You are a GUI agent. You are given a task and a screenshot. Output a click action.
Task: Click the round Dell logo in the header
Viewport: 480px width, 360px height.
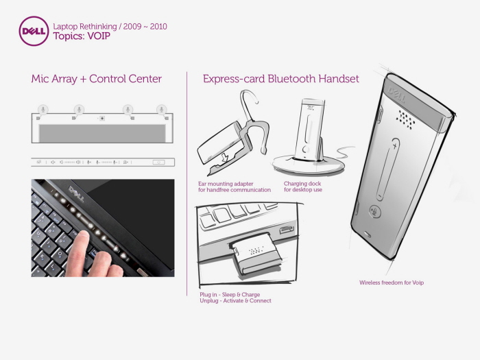(34, 31)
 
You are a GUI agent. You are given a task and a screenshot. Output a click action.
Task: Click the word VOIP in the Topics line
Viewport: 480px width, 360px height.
(99, 36)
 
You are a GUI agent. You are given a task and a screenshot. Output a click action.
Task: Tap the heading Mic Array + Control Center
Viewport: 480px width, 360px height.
(97, 79)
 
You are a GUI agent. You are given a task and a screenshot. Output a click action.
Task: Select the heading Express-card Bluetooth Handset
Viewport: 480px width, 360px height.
(280, 79)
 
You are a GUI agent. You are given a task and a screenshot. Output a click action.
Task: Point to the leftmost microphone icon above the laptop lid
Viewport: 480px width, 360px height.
(43, 109)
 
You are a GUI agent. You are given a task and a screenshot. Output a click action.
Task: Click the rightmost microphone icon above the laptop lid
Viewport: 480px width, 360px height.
(162, 109)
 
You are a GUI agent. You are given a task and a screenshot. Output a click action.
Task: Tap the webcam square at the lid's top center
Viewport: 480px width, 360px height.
(102, 118)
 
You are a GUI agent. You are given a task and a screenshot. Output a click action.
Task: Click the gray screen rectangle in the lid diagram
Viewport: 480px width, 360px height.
(102, 133)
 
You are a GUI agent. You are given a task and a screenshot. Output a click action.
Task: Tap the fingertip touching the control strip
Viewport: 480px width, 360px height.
(82, 237)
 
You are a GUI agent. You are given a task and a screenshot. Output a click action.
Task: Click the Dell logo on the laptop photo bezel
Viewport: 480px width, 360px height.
(77, 194)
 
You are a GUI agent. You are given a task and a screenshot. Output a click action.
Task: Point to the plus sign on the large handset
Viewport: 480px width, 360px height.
(395, 145)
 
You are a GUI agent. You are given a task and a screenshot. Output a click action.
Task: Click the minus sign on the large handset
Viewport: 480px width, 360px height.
(380, 195)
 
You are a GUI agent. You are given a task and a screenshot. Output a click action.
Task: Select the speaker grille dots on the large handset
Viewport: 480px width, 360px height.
(406, 118)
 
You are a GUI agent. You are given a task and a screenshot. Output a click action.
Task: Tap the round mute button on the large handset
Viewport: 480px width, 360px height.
(374, 211)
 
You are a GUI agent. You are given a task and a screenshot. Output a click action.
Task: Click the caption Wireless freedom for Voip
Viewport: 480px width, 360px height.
(392, 283)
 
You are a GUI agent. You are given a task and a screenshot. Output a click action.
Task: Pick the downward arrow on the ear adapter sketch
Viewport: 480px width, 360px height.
(225, 158)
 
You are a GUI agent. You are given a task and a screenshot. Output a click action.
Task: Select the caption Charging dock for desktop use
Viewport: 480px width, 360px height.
(303, 187)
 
